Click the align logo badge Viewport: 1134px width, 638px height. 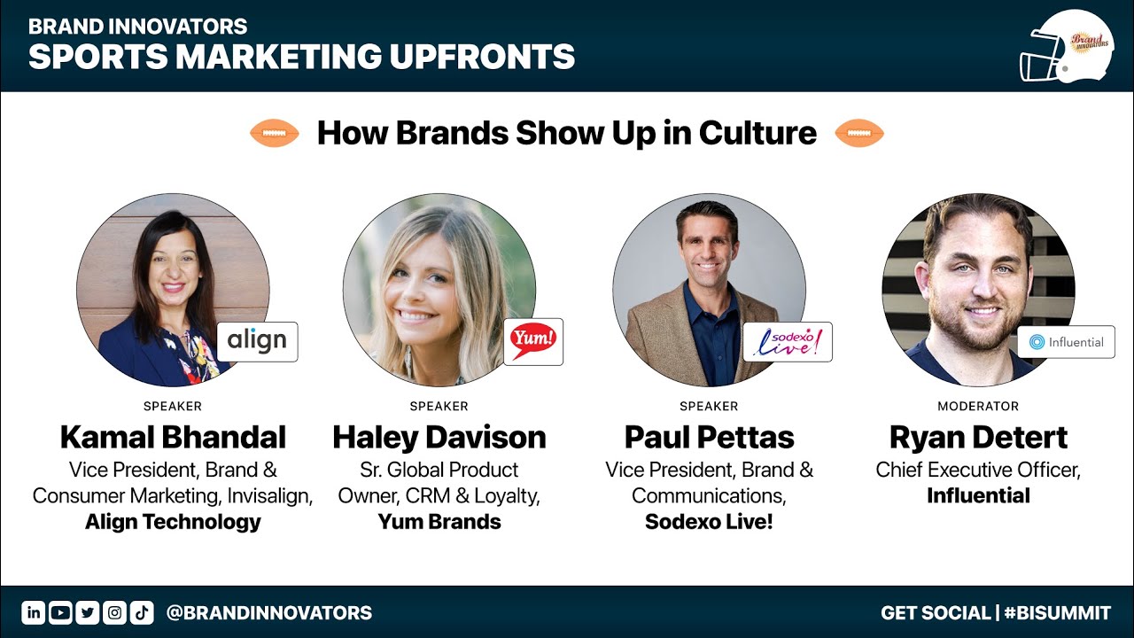(257, 342)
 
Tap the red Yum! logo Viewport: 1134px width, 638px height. (533, 341)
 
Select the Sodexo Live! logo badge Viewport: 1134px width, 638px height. (788, 342)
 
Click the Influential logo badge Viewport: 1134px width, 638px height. (1066, 342)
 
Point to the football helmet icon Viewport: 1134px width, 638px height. (1067, 47)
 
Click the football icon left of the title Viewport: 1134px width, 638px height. (275, 133)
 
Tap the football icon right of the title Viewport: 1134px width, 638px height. (859, 133)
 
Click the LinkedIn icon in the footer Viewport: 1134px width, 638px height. (34, 612)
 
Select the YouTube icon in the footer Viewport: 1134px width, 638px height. (61, 612)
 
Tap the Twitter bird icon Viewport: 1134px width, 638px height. (88, 612)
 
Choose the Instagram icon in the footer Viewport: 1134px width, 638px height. (115, 612)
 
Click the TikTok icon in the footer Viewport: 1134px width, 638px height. (142, 612)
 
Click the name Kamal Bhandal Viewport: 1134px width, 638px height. (173, 438)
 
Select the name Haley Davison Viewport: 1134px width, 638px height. (439, 438)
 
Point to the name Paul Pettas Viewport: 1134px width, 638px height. (710, 438)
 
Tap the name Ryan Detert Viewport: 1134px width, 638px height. (979, 438)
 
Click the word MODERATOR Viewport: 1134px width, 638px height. (978, 406)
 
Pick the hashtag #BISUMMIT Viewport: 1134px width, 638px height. (1058, 612)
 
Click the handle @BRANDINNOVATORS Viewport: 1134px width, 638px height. (268, 612)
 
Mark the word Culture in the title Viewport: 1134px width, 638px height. (757, 133)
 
